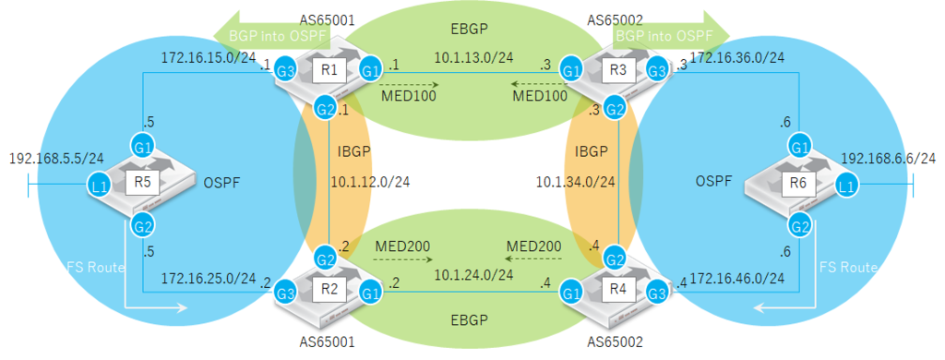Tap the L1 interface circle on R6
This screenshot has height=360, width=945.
tap(845, 186)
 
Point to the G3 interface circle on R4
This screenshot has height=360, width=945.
tap(654, 294)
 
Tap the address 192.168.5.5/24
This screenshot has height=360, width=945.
tap(55, 158)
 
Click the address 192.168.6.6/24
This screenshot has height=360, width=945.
tap(890, 158)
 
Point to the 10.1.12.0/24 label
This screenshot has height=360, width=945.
tap(369, 182)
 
